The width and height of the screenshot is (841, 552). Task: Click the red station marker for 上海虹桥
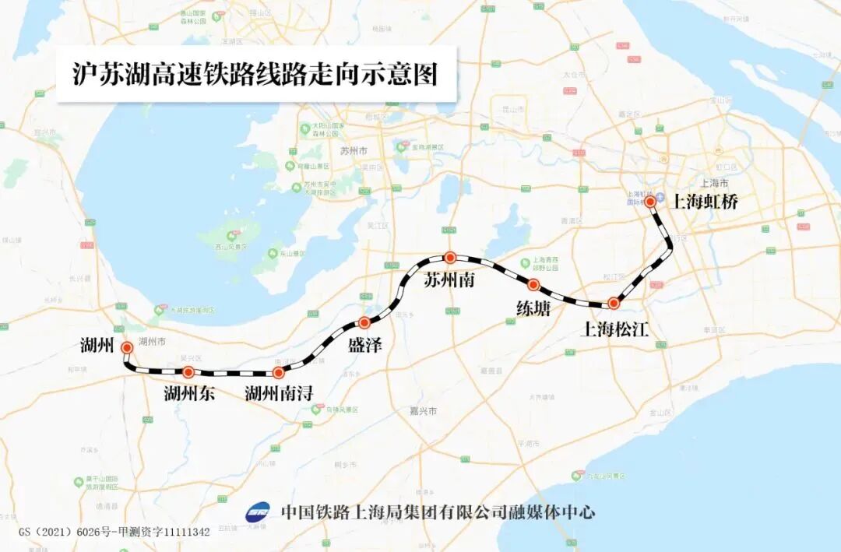coord(650,202)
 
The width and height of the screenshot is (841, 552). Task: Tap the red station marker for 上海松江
coord(614,303)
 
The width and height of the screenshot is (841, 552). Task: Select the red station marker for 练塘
coord(534,285)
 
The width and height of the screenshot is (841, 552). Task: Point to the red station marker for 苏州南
coord(449,257)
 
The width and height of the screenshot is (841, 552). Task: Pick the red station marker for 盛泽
coord(364,322)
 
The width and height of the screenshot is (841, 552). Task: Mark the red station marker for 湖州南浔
coord(279,373)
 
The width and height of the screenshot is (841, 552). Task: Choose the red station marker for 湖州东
coord(188,372)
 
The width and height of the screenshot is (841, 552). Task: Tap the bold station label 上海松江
coord(616,329)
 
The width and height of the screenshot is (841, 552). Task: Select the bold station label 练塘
coord(533,309)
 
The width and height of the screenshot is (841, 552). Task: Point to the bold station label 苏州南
coord(449,280)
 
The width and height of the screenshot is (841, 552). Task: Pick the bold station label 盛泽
coord(365,345)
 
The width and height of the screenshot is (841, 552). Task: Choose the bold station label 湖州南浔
coord(279,394)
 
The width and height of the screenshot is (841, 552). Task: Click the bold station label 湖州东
coord(189,394)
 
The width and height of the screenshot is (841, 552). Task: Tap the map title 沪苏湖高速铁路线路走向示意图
coord(255,74)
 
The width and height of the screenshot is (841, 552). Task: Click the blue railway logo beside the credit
coord(258,512)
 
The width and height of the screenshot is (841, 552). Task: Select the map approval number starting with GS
coord(114,532)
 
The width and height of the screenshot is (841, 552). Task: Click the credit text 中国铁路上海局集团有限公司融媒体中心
coord(438,512)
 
